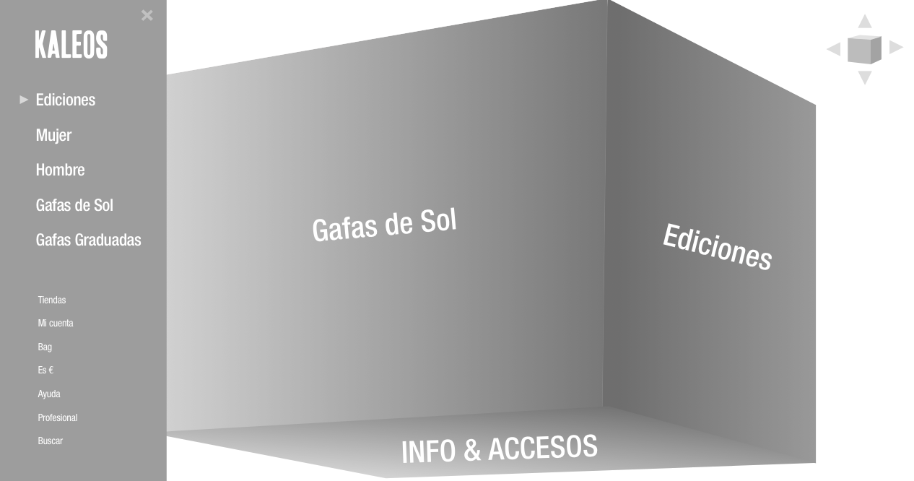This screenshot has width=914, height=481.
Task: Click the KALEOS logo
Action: pyautogui.click(x=71, y=44)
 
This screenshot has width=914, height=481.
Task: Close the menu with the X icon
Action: pyautogui.click(x=147, y=15)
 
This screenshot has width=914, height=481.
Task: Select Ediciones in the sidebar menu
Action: pyautogui.click(x=66, y=100)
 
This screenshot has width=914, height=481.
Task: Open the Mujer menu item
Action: pyautogui.click(x=53, y=135)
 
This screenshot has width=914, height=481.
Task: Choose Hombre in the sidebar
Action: pyautogui.click(x=60, y=170)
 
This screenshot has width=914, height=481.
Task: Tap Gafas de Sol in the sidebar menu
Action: pyautogui.click(x=74, y=205)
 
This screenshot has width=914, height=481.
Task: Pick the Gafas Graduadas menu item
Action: pyautogui.click(x=88, y=240)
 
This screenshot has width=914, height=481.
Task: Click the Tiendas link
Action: pyautogui.click(x=52, y=300)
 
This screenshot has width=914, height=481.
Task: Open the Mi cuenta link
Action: pyautogui.click(x=56, y=323)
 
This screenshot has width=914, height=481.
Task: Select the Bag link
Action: pyautogui.click(x=45, y=347)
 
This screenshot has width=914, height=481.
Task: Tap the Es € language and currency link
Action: pyautogui.click(x=45, y=370)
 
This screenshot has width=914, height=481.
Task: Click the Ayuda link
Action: pyautogui.click(x=49, y=394)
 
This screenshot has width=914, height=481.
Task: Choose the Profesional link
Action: pyautogui.click(x=58, y=417)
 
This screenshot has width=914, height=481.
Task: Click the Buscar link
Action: pyautogui.click(x=51, y=441)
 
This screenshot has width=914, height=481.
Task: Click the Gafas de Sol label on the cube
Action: pyautogui.click(x=384, y=225)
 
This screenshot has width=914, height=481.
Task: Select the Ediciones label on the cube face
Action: pyautogui.click(x=717, y=247)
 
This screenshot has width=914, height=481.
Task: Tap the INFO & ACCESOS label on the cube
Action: pyautogui.click(x=499, y=448)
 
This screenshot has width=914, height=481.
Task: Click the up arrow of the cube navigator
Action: pyautogui.click(x=864, y=21)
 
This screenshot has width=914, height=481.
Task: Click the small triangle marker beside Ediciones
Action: pyautogui.click(x=24, y=100)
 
